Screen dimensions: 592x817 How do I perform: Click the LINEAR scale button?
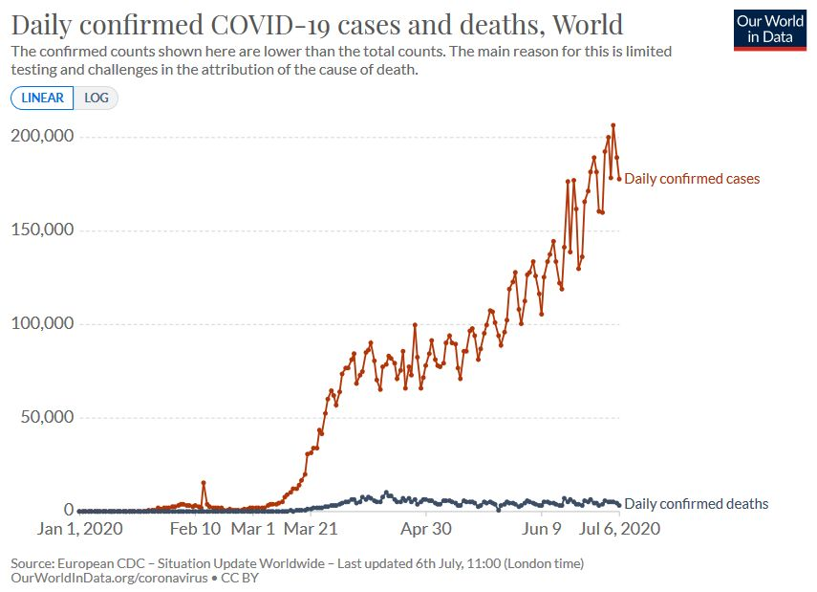(42, 98)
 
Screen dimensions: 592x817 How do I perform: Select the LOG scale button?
(97, 98)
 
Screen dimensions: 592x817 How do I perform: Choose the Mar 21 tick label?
(312, 529)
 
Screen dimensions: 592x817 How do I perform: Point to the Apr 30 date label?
(425, 529)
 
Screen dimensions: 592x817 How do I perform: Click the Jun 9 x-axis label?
(541, 529)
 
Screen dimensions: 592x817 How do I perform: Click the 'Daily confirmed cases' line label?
(692, 179)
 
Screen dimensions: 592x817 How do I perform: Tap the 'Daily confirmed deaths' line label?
(696, 504)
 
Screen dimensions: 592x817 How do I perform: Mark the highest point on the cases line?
(613, 125)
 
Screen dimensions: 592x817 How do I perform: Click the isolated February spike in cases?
(203, 483)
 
